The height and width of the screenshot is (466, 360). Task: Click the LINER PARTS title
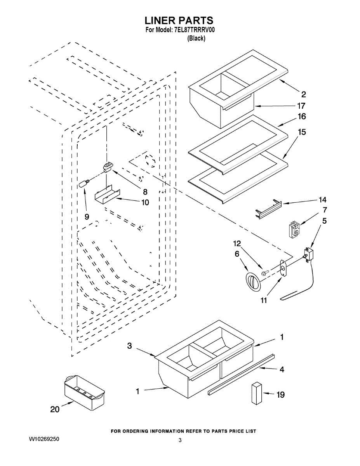click(179, 21)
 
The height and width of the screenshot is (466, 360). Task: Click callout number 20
click(55, 409)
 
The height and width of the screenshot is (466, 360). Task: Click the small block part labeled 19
click(256, 393)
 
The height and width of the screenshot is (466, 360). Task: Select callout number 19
click(280, 395)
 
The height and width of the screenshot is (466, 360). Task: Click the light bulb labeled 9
click(84, 183)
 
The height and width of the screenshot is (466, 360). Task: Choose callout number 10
click(144, 202)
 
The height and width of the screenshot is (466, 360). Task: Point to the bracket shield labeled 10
click(107, 194)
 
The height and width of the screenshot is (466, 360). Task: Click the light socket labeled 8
click(108, 167)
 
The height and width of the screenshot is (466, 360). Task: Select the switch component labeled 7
click(294, 229)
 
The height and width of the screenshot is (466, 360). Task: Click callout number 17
click(301, 106)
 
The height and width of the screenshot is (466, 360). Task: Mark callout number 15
click(301, 132)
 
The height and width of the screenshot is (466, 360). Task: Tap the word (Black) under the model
click(196, 38)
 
